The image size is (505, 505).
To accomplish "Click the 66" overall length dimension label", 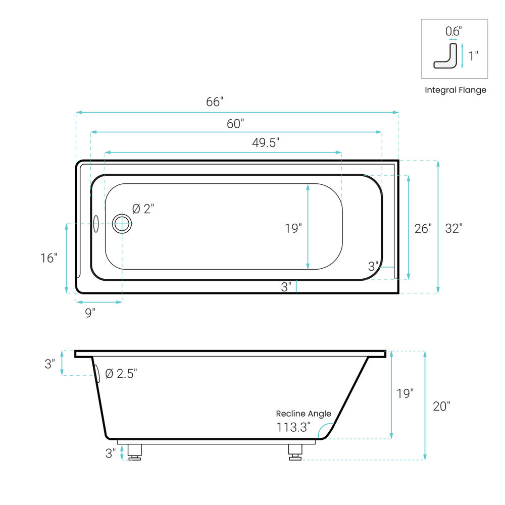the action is pyautogui.click(x=215, y=102).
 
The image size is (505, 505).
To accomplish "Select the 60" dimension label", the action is pyautogui.click(x=235, y=124).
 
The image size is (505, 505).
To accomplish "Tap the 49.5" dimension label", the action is pyautogui.click(x=266, y=143).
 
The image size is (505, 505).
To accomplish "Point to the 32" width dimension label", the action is pyautogui.click(x=453, y=228).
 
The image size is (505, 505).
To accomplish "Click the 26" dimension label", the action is pyautogui.click(x=423, y=229).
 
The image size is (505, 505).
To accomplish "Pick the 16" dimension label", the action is pyautogui.click(x=48, y=258).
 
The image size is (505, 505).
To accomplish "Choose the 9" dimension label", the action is pyautogui.click(x=90, y=313).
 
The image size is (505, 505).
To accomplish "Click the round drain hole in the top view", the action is pyautogui.click(x=122, y=224).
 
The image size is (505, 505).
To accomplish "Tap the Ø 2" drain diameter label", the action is pyautogui.click(x=143, y=209).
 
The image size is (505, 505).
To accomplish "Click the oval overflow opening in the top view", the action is pyautogui.click(x=95, y=224).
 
